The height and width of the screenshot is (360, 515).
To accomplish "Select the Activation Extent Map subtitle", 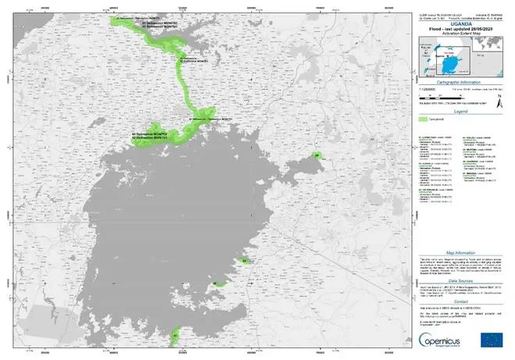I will click(x=453, y=34).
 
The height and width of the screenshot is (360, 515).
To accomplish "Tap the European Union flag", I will click(x=492, y=338).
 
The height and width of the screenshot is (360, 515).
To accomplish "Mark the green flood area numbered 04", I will click(x=318, y=156).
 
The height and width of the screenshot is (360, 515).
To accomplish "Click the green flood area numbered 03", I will click(x=245, y=260).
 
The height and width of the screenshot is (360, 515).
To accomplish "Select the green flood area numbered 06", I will click(x=215, y=283).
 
